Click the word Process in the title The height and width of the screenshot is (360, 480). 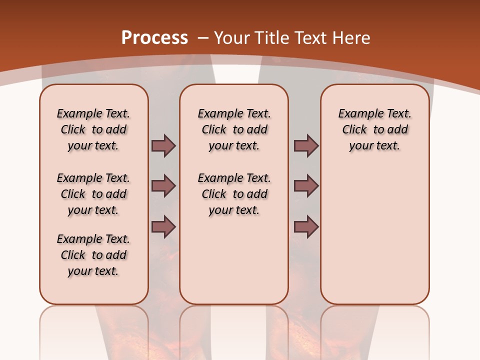[154, 38]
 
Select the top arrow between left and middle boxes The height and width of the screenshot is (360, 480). [163, 145]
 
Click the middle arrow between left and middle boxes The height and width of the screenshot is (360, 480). [163, 186]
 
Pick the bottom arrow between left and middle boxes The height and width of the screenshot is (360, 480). [163, 227]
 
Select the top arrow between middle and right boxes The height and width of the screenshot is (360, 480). [306, 145]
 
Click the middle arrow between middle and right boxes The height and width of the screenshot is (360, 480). [306, 186]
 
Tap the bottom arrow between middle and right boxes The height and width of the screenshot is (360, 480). [306, 227]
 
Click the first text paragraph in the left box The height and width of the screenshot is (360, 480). [93, 129]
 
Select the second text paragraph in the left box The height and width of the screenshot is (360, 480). [93, 194]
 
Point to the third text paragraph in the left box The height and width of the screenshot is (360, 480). [93, 255]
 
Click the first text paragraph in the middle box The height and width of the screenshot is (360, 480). [234, 129]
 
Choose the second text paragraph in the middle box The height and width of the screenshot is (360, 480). [234, 194]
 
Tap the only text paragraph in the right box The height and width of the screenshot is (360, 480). [374, 129]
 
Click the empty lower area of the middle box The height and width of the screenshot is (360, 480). [234, 260]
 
